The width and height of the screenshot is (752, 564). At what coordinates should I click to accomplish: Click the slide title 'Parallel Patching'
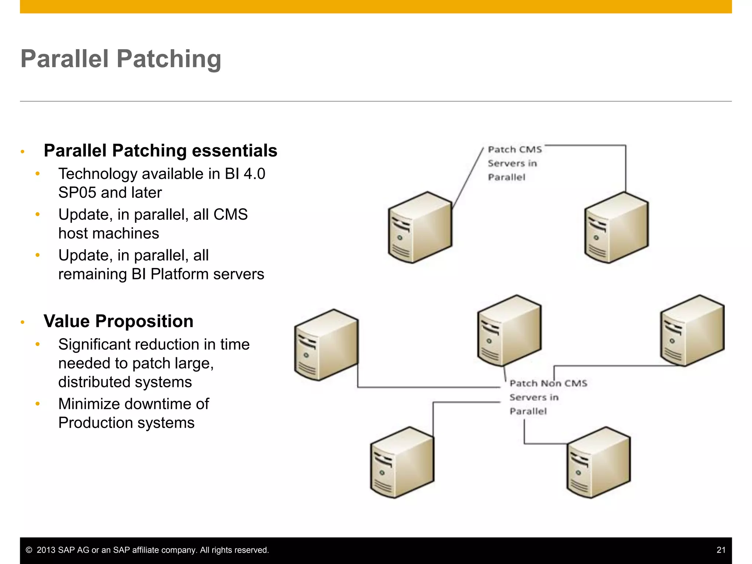(121, 59)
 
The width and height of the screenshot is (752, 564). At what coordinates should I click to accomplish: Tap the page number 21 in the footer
(721, 550)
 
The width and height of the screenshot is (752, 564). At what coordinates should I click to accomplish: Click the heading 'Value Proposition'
(118, 321)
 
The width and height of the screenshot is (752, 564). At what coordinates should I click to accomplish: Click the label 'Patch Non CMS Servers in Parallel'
(547, 397)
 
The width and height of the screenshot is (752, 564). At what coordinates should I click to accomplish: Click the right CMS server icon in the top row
(616, 228)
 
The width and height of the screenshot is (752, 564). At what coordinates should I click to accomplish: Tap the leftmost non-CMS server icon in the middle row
(326, 345)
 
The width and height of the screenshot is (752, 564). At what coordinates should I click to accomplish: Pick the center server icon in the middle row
(509, 330)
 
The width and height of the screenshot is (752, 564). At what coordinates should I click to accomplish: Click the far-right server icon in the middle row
(692, 330)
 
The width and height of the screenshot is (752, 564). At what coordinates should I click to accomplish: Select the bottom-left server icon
(402, 463)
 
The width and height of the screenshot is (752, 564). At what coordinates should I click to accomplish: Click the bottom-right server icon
(599, 463)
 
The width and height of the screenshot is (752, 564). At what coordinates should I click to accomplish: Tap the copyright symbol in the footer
(29, 550)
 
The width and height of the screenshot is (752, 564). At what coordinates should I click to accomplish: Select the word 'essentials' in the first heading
(234, 151)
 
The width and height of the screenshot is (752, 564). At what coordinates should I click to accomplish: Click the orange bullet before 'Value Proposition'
(23, 322)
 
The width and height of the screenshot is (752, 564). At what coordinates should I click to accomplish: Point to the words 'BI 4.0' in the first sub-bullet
(245, 174)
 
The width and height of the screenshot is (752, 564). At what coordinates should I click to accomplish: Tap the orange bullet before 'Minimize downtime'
(37, 404)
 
